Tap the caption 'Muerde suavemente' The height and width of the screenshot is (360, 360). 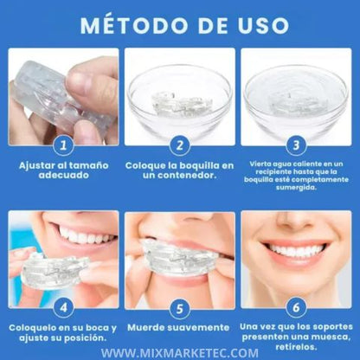click(x=179, y=329)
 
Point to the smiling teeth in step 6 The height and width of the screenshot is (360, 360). click(x=297, y=250)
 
